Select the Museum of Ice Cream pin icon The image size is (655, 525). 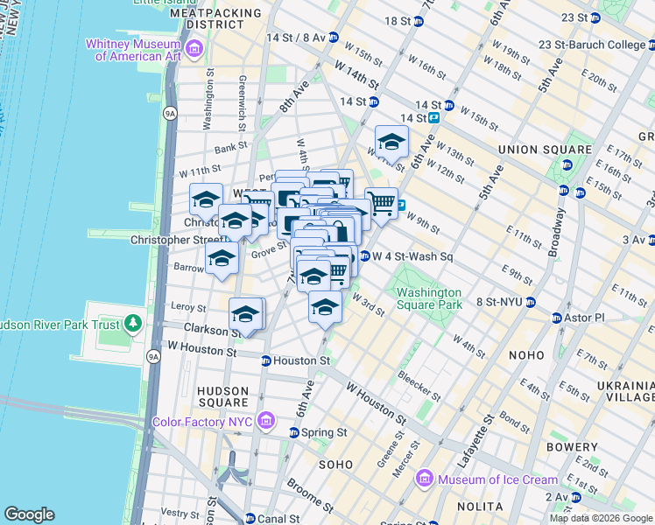click(425, 479)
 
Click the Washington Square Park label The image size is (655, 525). click(428, 299)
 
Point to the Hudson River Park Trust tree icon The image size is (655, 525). click(132, 324)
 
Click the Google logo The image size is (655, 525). click(29, 514)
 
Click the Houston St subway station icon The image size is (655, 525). click(265, 360)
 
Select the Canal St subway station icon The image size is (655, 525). click(250, 518)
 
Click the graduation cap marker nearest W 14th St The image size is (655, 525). click(391, 141)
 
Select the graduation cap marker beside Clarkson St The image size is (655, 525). click(246, 313)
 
